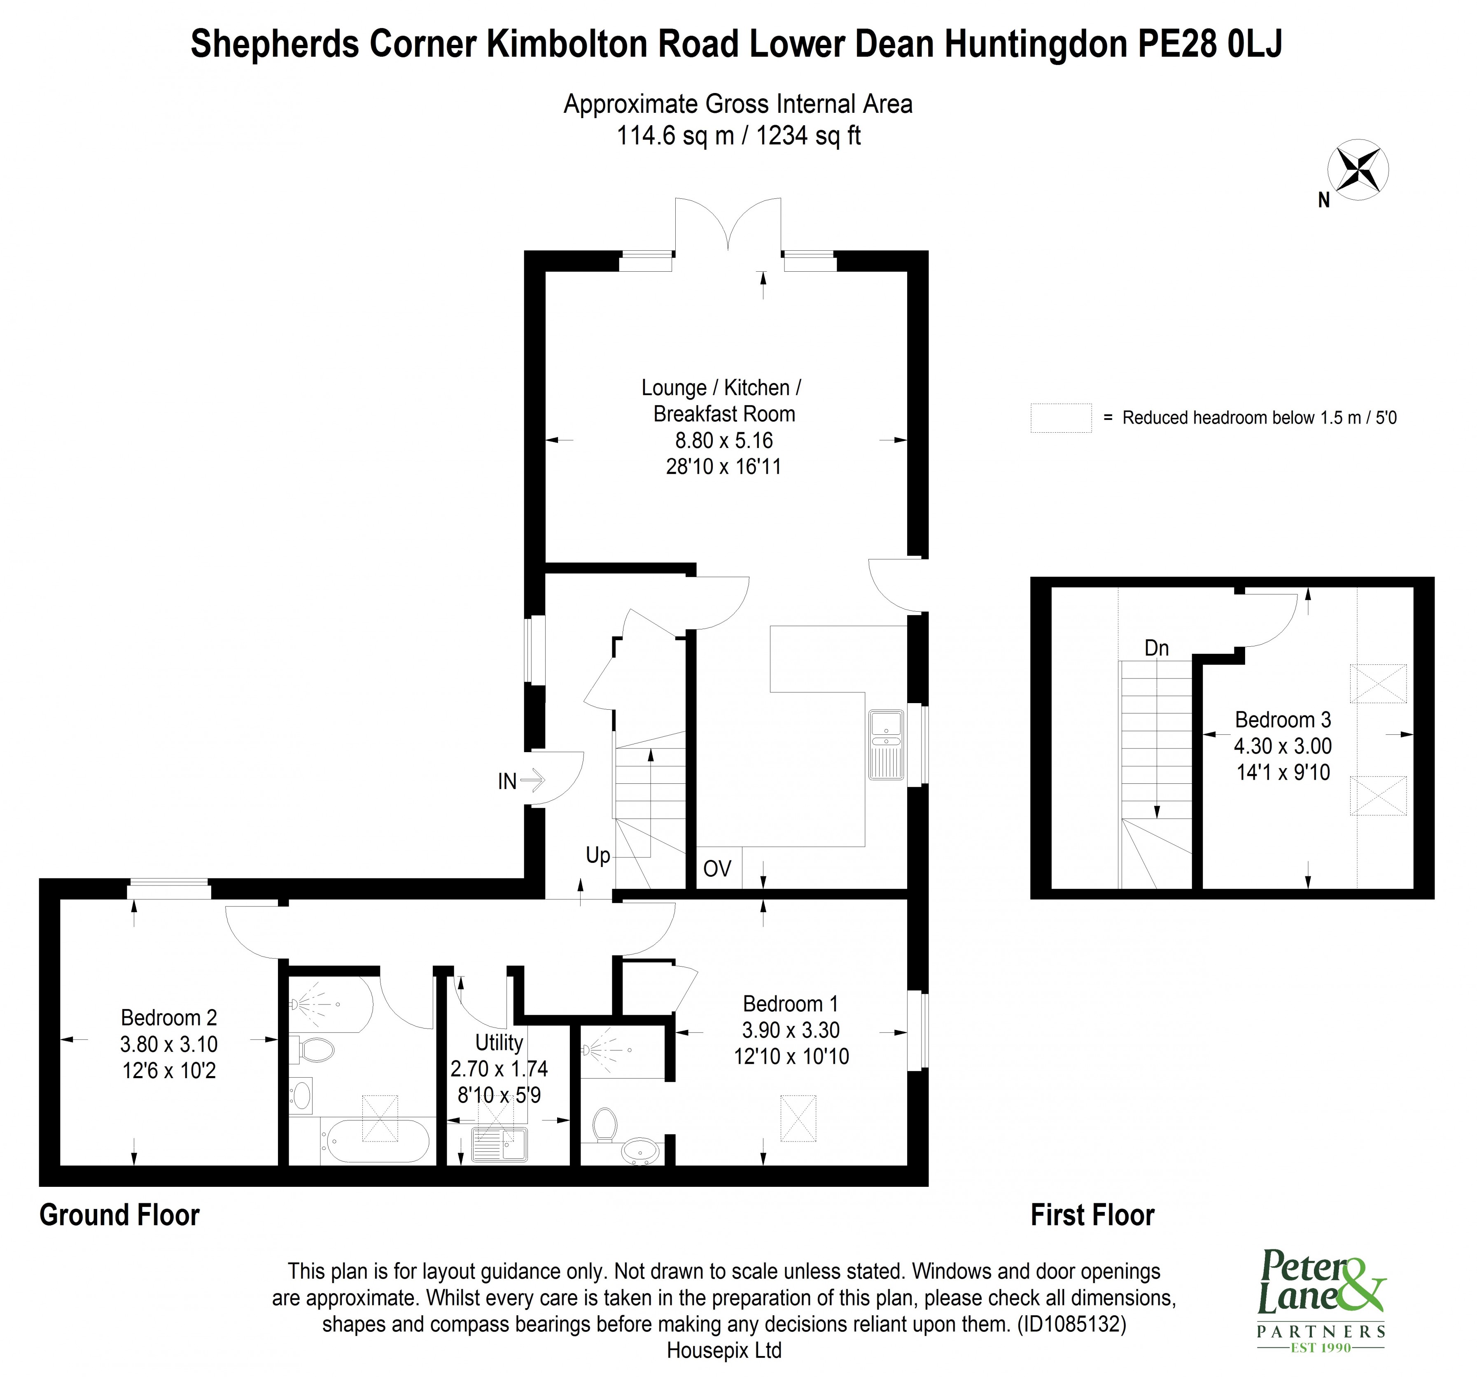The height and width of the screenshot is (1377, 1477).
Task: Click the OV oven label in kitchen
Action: pyautogui.click(x=717, y=868)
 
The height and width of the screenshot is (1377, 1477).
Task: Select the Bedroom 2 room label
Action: pyautogui.click(x=169, y=1018)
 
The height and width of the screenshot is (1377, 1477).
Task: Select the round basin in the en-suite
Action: pyautogui.click(x=639, y=1151)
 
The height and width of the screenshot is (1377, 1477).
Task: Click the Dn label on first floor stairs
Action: pyautogui.click(x=1156, y=648)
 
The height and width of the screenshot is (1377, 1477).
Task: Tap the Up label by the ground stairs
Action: pyautogui.click(x=597, y=855)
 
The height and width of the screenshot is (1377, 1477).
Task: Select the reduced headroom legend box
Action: pyautogui.click(x=1060, y=417)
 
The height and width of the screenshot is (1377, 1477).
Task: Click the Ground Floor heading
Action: pyautogui.click(x=119, y=1215)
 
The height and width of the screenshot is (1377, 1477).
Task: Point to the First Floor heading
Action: pyautogui.click(x=1092, y=1215)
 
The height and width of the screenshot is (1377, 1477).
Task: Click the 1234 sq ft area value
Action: pyautogui.click(x=807, y=136)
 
